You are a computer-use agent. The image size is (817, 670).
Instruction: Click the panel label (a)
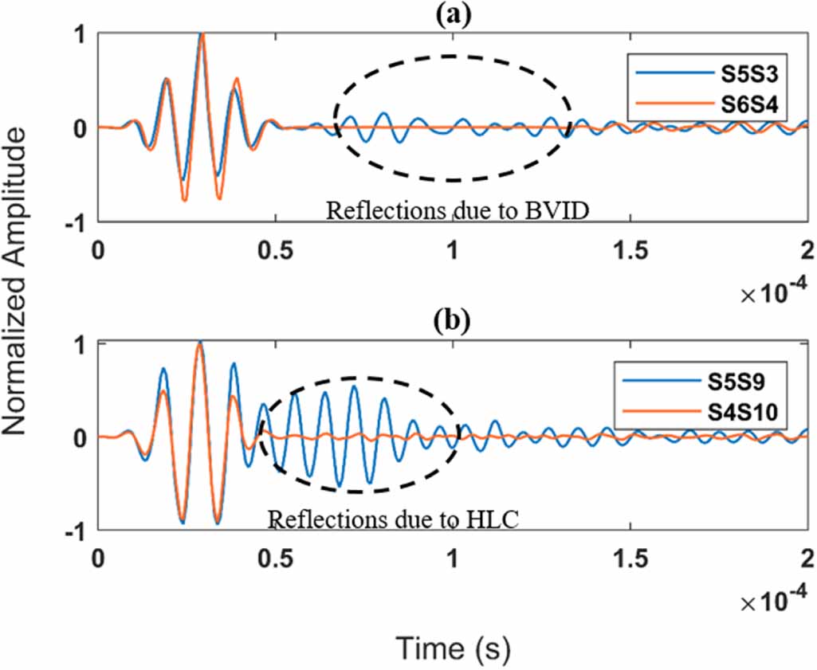452,14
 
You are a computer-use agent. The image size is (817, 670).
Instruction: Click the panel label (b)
452,323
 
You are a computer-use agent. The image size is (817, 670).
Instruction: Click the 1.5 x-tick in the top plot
630,249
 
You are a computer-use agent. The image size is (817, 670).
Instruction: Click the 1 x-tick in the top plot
452,249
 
